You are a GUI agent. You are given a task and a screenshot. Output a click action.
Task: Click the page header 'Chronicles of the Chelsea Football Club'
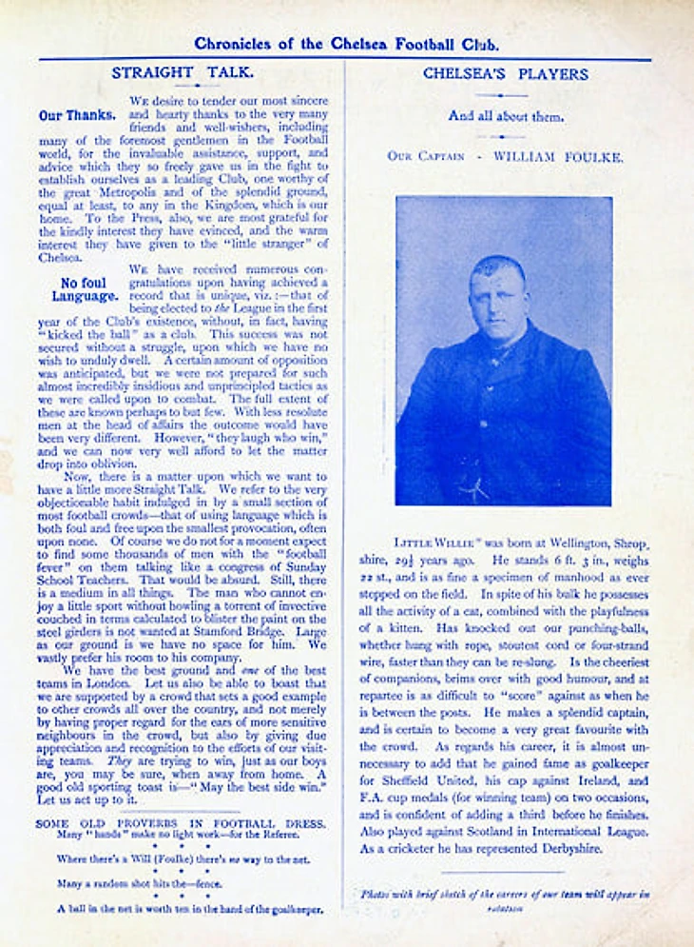pyautogui.click(x=346, y=44)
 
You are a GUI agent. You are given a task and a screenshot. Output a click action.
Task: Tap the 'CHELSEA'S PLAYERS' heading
pyautogui.click(x=505, y=73)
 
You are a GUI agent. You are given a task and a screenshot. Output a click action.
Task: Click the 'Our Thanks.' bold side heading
pyautogui.click(x=77, y=116)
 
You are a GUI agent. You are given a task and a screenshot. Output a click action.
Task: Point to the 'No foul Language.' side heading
pyautogui.click(x=83, y=289)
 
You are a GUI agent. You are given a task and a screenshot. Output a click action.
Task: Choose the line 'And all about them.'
pyautogui.click(x=505, y=117)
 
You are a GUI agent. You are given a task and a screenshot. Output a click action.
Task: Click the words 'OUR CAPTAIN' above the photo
pyautogui.click(x=427, y=156)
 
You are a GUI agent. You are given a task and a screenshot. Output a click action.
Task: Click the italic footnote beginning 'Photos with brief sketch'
pyautogui.click(x=505, y=899)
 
